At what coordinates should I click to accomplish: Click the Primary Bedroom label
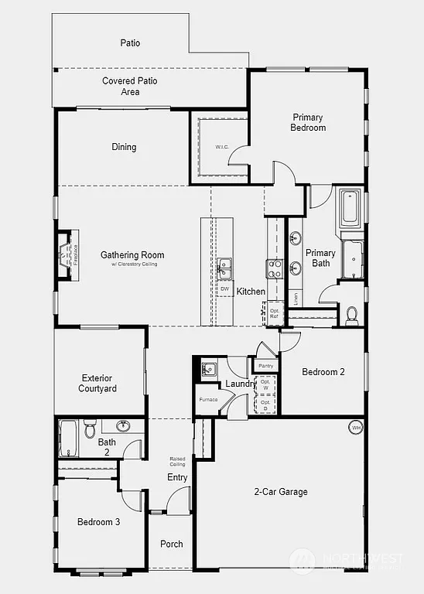308,122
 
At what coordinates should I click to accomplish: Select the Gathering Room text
132,255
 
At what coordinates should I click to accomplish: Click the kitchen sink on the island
224,268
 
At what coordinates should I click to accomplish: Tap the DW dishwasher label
224,289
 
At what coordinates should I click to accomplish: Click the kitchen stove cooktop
275,268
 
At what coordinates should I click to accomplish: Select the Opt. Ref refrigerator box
273,312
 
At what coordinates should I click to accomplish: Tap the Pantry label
266,366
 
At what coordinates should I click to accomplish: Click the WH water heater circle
356,427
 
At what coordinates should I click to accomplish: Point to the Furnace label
208,399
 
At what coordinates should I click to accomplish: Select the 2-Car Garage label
281,491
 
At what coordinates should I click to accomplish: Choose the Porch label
172,544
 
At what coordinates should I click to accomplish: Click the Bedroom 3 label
98,522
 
